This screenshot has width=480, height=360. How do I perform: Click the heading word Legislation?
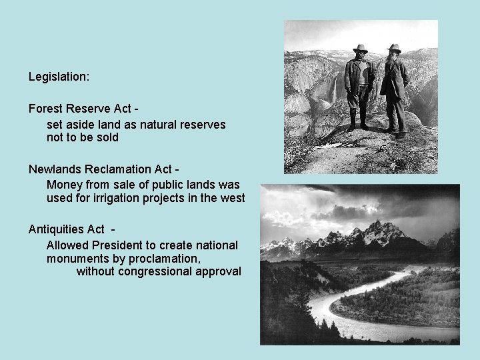tap(59, 77)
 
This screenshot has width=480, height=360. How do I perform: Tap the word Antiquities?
tap(59, 230)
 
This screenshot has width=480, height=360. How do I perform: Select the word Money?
tap(63, 184)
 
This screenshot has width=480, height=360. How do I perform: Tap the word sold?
tap(107, 137)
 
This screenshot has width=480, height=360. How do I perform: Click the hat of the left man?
tap(361, 49)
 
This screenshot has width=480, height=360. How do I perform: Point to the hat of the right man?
tap(395, 48)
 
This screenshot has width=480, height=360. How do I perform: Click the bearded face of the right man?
tap(394, 58)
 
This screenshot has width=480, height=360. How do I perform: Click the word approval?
tap(216, 271)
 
